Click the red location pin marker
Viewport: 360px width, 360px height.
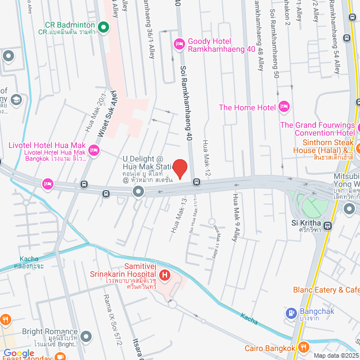[x=179, y=169]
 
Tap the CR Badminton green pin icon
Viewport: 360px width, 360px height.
[x=103, y=26]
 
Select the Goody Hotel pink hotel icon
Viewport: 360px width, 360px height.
[x=179, y=43]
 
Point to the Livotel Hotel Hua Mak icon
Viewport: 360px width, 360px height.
[x=93, y=150]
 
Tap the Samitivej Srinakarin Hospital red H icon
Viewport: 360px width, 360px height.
[x=165, y=276]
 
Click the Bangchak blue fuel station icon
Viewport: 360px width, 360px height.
[x=291, y=313]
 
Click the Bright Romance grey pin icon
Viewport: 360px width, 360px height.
[x=85, y=336]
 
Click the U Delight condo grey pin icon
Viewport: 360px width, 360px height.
[x=138, y=192]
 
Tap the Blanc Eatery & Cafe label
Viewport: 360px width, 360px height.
[x=326, y=290]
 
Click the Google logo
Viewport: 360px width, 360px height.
[x=19, y=353]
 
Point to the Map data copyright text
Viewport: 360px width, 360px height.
[x=334, y=355]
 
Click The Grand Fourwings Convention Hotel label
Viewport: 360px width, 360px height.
[x=317, y=129]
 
